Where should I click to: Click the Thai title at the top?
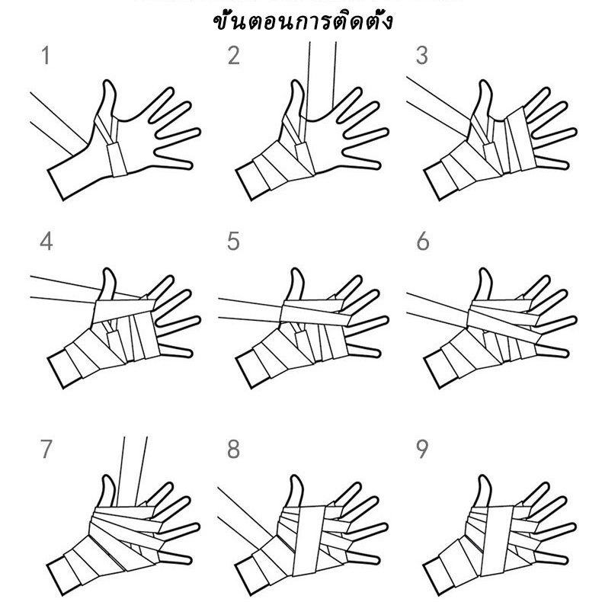(303, 21)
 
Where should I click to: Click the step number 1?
(46, 56)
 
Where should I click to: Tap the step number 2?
(233, 56)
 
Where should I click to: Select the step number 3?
(421, 56)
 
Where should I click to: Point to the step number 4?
(46, 242)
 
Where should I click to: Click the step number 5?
(233, 242)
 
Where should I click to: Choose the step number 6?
(422, 242)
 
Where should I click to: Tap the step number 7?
(46, 449)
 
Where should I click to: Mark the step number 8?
(233, 449)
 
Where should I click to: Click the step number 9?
(422, 449)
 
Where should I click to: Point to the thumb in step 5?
(296, 284)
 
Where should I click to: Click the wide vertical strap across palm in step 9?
(497, 540)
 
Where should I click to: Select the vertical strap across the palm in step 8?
(309, 540)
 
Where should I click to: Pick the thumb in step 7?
(107, 491)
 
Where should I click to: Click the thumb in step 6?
(484, 284)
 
